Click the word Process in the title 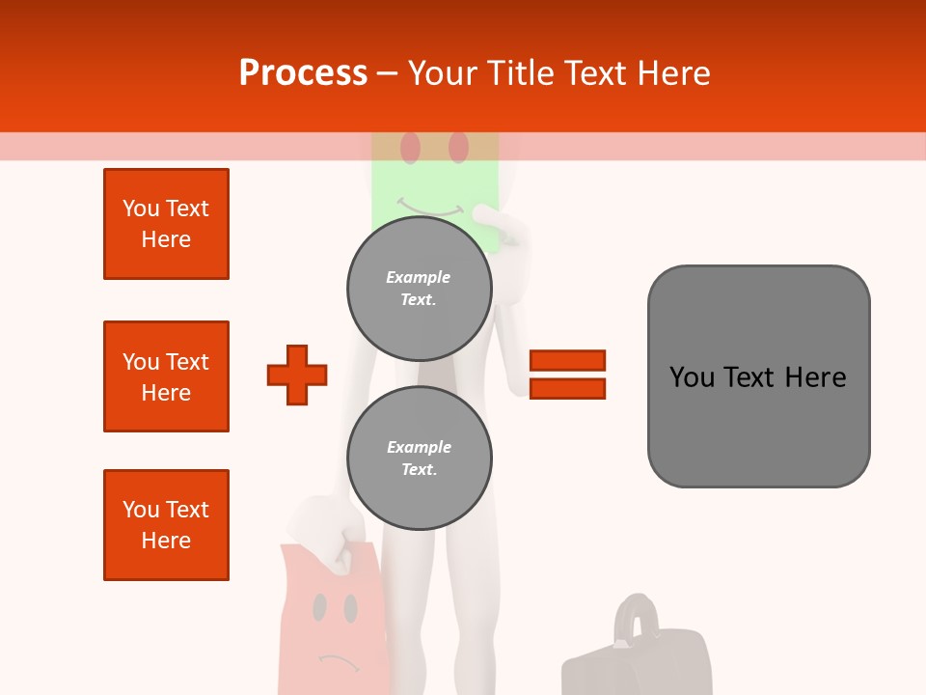(303, 73)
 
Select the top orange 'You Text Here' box (166, 224)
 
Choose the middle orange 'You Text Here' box (166, 376)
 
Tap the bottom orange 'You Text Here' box (166, 525)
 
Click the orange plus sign (297, 375)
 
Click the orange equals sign (568, 375)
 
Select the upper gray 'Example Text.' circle (419, 289)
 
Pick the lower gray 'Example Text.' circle (419, 459)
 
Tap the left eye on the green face (411, 148)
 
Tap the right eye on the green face (458, 148)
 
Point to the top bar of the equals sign (568, 361)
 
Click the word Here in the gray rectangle (815, 377)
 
